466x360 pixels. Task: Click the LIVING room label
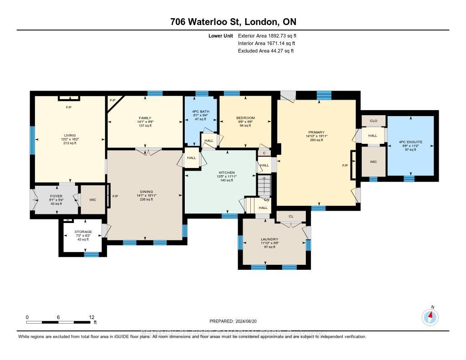(x=70, y=135)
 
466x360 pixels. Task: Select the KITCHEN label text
(x=227, y=172)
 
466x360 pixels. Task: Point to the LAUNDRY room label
(x=269, y=239)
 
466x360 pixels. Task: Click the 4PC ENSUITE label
(x=411, y=142)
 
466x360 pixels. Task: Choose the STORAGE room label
(x=83, y=232)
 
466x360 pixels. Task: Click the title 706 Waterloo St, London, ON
(x=233, y=22)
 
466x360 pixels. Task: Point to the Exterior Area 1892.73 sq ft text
(x=267, y=35)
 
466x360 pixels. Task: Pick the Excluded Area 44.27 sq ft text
(x=265, y=51)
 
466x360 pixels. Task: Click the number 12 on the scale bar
(x=91, y=317)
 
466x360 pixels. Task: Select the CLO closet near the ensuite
(x=374, y=121)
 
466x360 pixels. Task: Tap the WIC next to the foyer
(x=93, y=199)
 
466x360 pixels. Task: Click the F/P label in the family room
(x=112, y=100)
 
